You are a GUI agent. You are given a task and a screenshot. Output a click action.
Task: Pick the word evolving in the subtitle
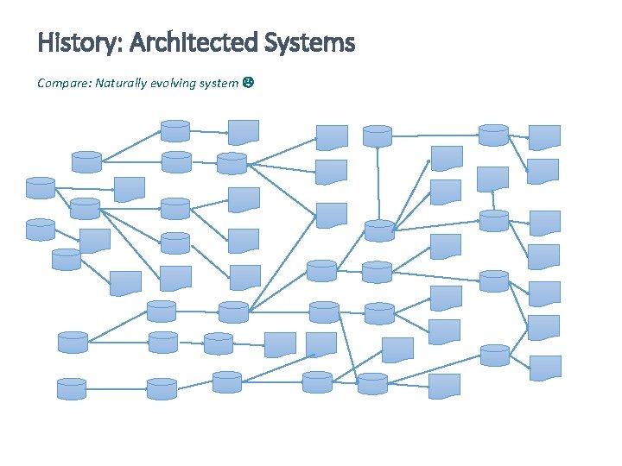[175, 83]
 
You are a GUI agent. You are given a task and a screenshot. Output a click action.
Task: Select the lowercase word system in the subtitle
[219, 83]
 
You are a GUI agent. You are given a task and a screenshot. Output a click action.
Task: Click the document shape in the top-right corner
[544, 136]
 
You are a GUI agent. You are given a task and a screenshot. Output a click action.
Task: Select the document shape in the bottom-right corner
[544, 368]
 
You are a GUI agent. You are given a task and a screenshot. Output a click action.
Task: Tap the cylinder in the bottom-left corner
[72, 388]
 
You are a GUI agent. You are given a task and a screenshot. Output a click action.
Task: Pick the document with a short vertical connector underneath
[493, 177]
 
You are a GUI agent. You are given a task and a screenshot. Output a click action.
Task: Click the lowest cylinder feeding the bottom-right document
[494, 355]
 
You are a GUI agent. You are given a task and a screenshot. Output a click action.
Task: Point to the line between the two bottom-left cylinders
[116, 389]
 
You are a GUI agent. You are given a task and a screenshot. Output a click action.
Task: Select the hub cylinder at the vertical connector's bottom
[378, 230]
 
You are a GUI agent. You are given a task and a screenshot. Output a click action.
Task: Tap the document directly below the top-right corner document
[544, 170]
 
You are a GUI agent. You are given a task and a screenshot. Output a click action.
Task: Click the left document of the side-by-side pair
[279, 344]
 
